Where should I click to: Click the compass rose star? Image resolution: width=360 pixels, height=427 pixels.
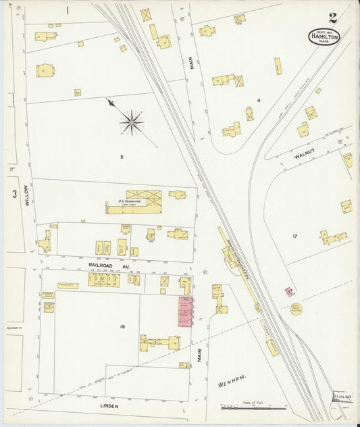tap(131, 122)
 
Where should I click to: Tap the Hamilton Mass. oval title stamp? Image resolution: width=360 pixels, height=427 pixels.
tap(324, 36)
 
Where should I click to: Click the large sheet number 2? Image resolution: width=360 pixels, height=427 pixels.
tap(333, 18)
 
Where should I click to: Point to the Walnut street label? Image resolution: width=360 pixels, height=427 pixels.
tap(305, 156)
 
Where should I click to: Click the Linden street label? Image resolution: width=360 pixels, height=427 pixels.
tap(109, 406)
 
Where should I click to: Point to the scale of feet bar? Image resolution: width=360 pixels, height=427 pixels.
tap(253, 407)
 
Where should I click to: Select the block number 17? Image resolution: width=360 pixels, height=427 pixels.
tap(294, 236)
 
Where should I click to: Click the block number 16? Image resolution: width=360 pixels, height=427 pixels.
tap(122, 326)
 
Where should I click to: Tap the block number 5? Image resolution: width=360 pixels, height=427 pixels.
tap(122, 157)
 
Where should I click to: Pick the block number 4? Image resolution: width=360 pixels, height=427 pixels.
tap(258, 101)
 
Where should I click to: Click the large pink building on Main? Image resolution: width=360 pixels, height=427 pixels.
tap(185, 311)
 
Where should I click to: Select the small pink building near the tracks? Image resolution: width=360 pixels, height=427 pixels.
tap(289, 291)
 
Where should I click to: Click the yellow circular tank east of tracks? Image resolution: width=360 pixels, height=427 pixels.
tap(296, 309)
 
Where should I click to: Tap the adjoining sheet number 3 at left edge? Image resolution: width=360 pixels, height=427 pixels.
tap(14, 194)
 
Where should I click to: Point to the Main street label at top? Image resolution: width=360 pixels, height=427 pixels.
tap(191, 64)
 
